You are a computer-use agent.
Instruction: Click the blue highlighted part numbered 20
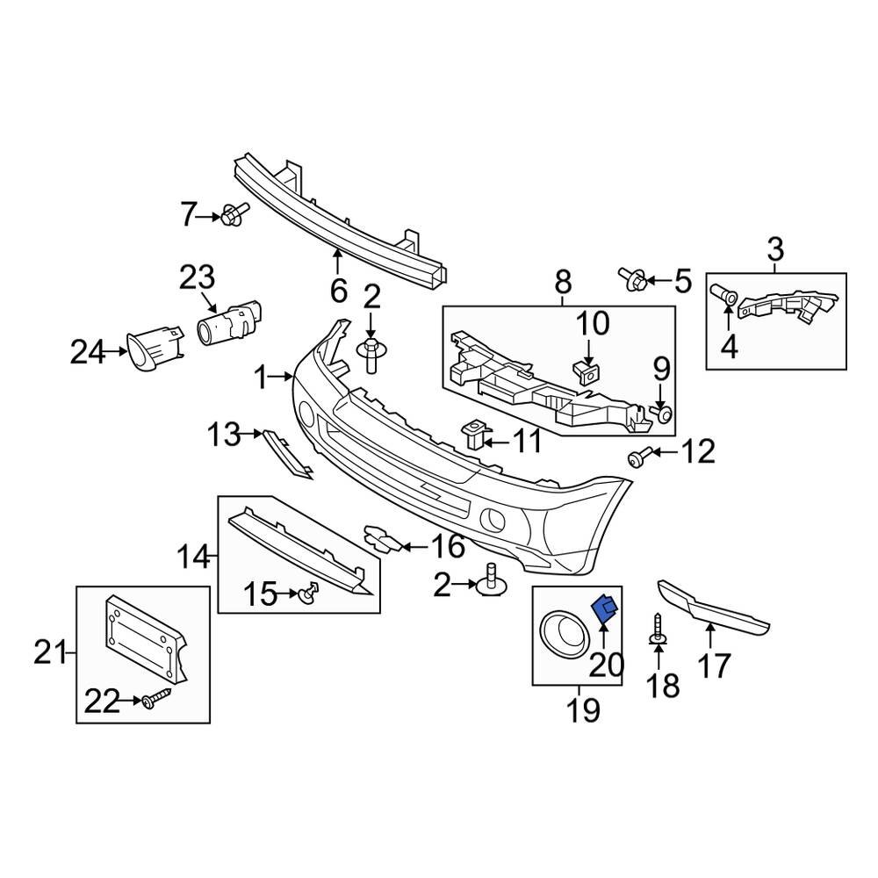tap(605, 608)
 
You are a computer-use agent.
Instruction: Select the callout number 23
tap(197, 278)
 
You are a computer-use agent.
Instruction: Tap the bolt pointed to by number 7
tap(234, 213)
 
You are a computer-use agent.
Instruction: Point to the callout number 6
tap(339, 289)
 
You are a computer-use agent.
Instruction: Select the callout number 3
tap(775, 249)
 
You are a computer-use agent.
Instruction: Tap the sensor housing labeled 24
tap(154, 349)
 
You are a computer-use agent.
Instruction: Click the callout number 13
tap(223, 434)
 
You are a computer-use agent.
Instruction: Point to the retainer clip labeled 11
tap(474, 432)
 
